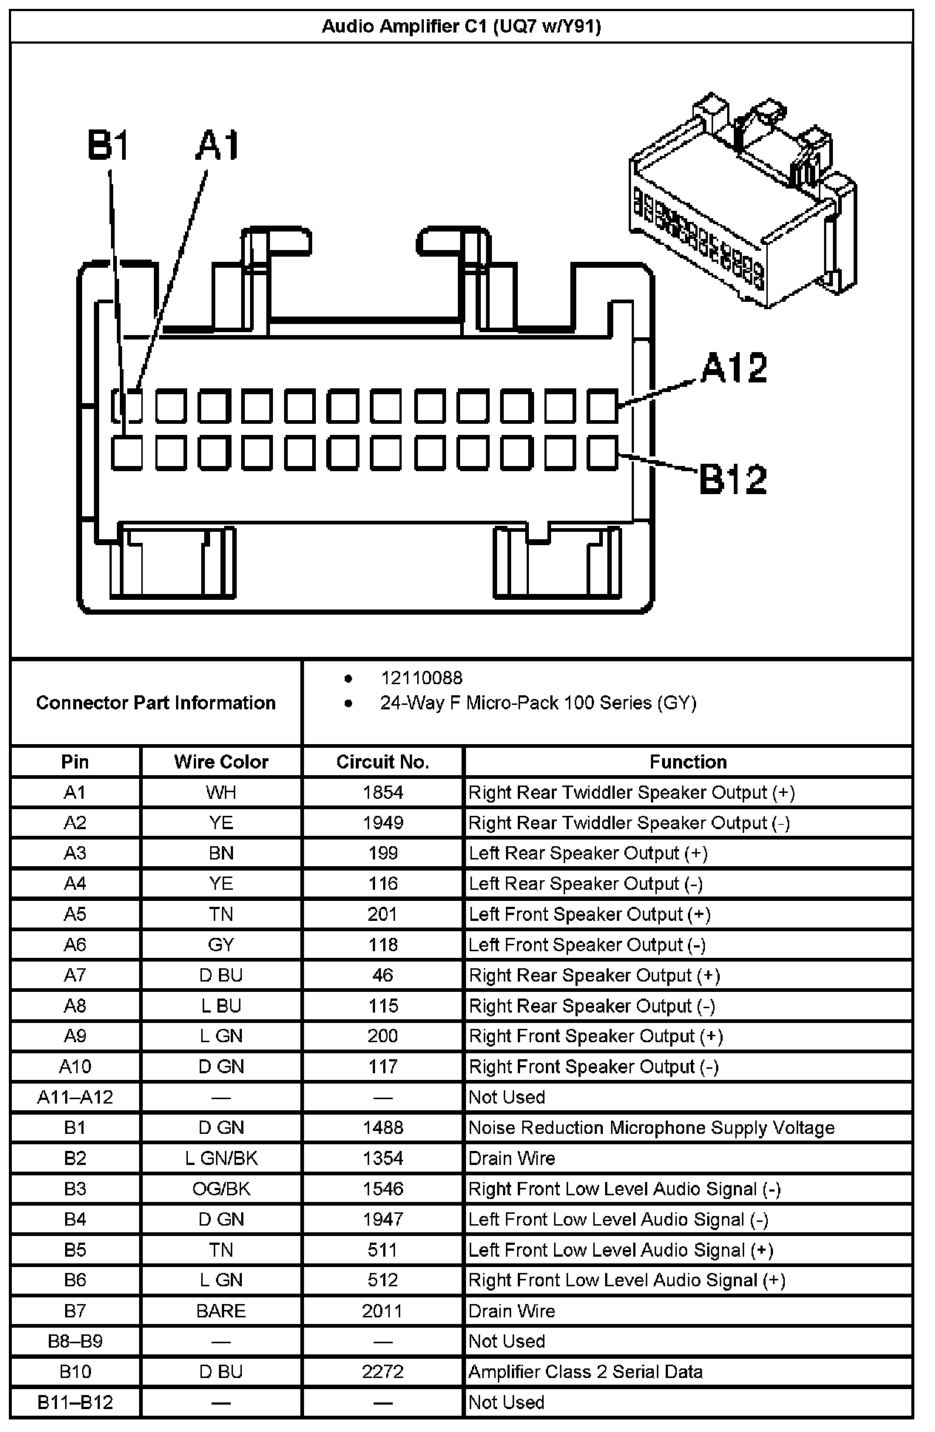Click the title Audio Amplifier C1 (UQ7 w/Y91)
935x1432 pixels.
(461, 27)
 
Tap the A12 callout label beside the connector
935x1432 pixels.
(734, 368)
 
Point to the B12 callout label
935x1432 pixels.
(732, 479)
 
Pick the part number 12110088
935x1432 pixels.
(422, 678)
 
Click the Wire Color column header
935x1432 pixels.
(221, 762)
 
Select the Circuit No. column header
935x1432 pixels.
(382, 762)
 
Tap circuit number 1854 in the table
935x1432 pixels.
(382, 792)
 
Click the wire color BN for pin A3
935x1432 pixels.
(221, 853)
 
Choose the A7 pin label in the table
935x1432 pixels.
(75, 975)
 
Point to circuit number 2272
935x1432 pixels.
(382, 1371)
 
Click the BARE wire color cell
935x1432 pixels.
(221, 1311)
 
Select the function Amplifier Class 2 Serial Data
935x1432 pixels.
(585, 1371)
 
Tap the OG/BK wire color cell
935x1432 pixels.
(221, 1189)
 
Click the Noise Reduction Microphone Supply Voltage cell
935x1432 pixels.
(652, 1127)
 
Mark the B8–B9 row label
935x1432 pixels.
(75, 1341)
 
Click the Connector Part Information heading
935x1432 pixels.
(155, 703)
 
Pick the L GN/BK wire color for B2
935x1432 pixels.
(221, 1158)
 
